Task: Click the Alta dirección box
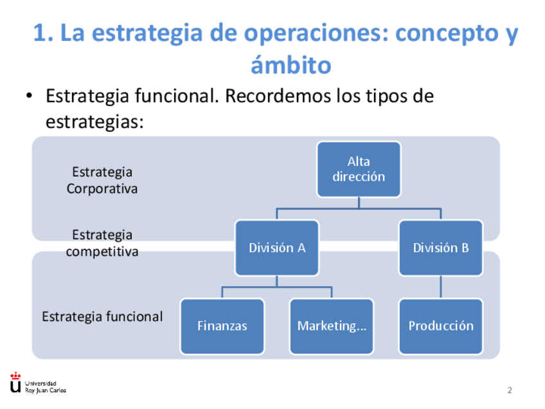click(x=359, y=169)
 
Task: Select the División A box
click(x=276, y=248)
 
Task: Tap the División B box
click(x=440, y=248)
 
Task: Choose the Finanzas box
click(x=222, y=326)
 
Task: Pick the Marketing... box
click(x=331, y=326)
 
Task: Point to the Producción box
click(x=440, y=326)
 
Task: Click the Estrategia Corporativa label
click(x=102, y=180)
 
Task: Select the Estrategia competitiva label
click(x=102, y=243)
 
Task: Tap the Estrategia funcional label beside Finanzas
click(x=102, y=316)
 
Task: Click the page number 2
click(x=510, y=390)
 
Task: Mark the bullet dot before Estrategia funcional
click(x=28, y=97)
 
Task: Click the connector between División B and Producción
click(x=440, y=286)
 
